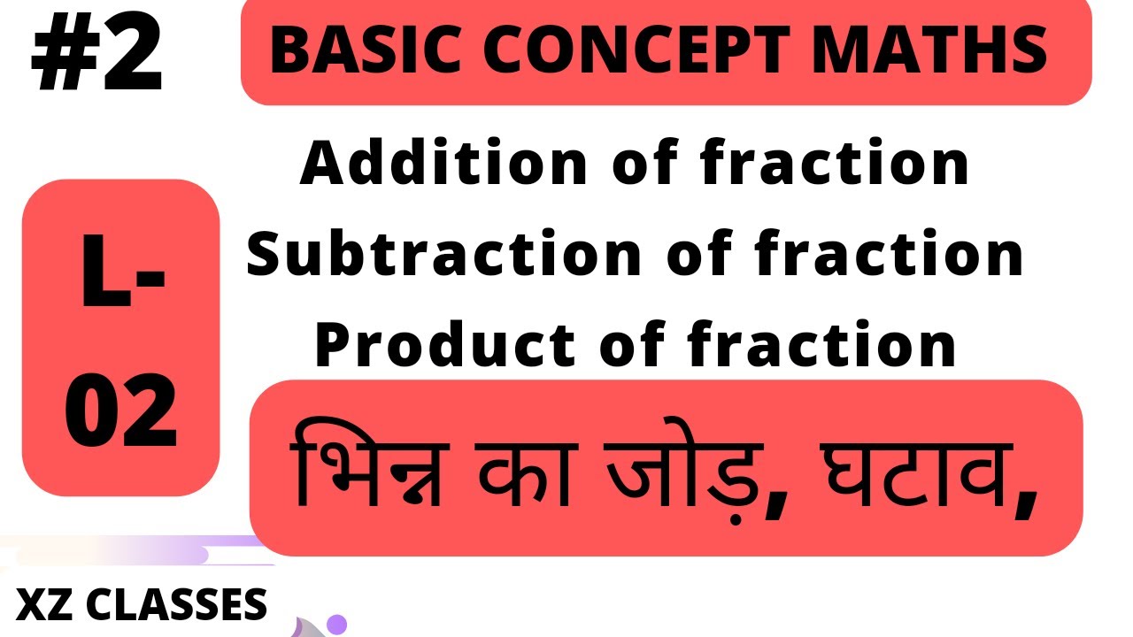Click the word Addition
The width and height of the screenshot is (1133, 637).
pyautogui.click(x=443, y=165)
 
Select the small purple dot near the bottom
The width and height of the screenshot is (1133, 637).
pyautogui.click(x=335, y=625)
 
